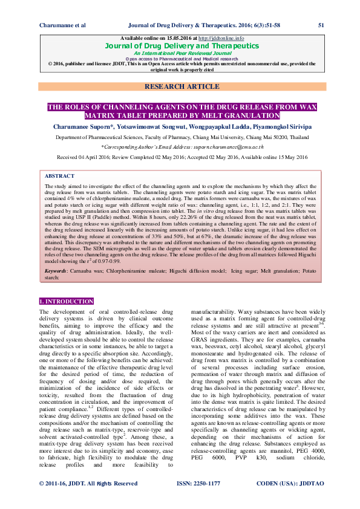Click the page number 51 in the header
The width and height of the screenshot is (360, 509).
[321, 25]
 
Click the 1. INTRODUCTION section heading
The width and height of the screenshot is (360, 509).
[66, 300]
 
